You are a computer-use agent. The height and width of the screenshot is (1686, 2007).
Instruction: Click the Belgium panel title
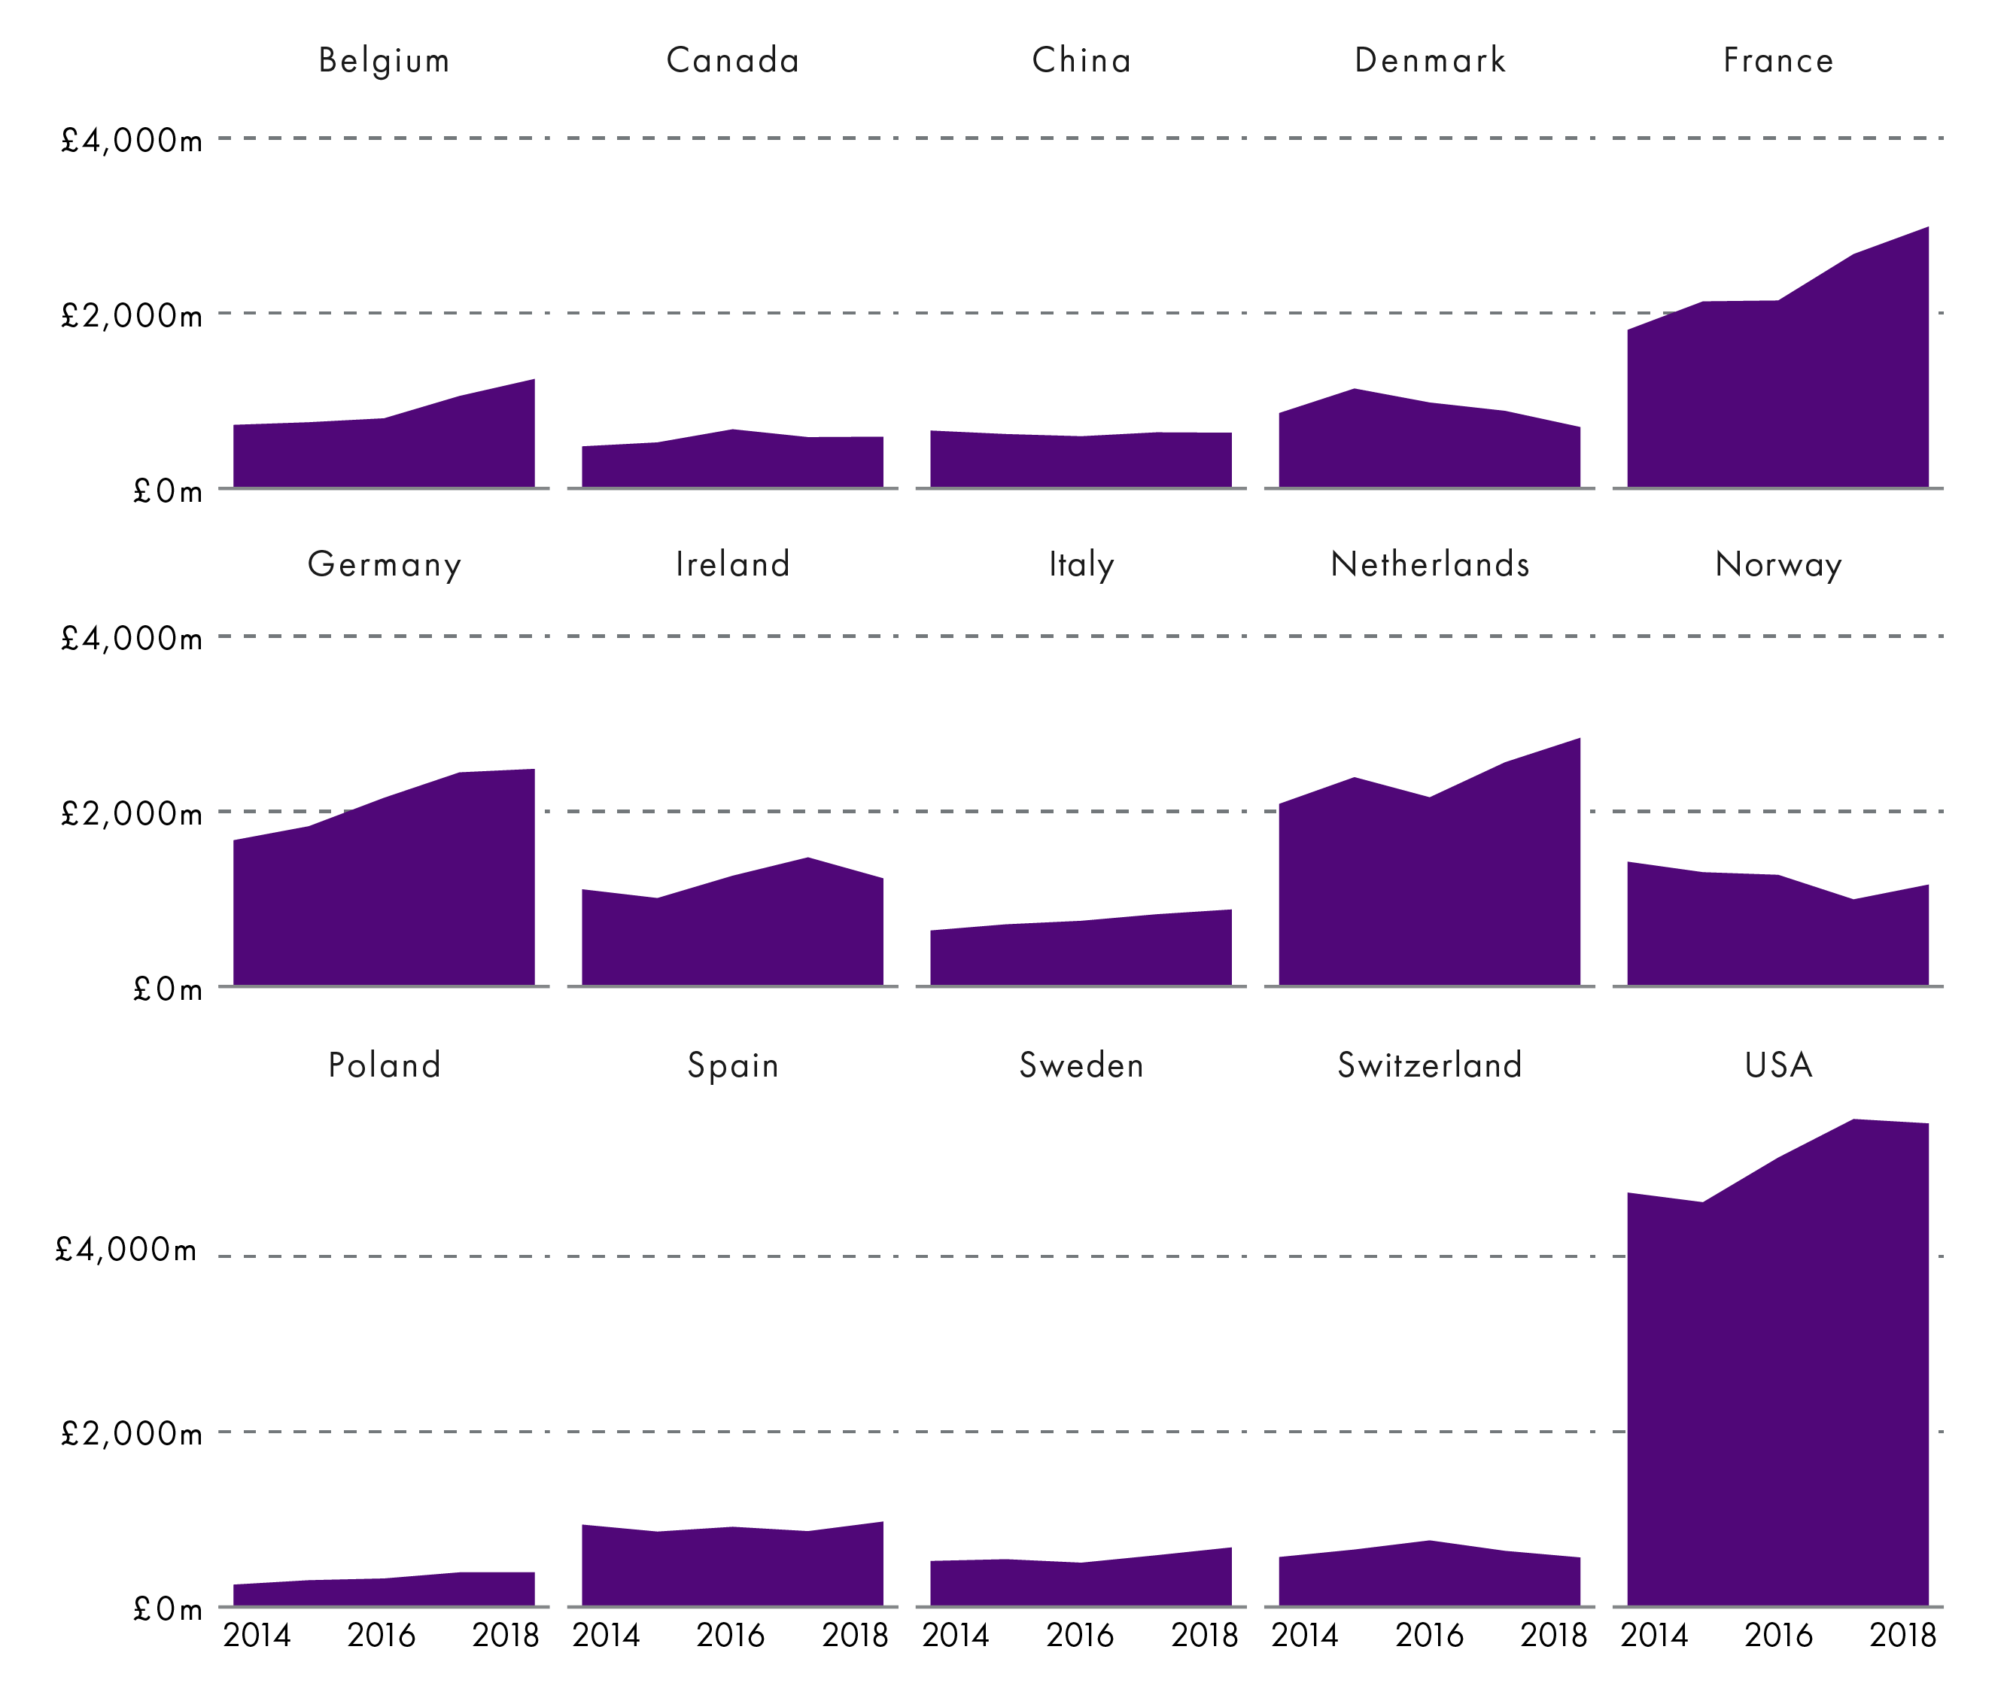point(384,60)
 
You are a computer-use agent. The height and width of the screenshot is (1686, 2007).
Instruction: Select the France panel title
point(1777,60)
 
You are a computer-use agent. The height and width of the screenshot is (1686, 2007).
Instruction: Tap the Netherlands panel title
point(1430,564)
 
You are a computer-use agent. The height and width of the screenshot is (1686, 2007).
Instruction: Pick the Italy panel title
point(1081,564)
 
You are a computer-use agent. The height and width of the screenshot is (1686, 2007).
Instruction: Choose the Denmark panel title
point(1430,60)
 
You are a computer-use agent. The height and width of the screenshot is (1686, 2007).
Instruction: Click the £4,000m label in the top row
point(131,141)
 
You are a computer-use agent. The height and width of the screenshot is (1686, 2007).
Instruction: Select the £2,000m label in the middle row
point(131,813)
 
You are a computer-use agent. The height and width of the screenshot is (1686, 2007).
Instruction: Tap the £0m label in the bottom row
point(167,1609)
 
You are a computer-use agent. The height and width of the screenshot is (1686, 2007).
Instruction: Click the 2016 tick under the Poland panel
point(381,1636)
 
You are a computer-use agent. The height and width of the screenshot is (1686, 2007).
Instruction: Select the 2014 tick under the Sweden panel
point(955,1636)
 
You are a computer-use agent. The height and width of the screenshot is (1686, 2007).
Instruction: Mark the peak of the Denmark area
point(1355,390)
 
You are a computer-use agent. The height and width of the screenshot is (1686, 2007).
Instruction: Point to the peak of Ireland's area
point(808,858)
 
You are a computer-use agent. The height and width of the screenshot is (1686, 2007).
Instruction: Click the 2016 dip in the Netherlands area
point(1430,798)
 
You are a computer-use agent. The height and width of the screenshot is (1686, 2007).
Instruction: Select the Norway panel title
point(1777,564)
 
